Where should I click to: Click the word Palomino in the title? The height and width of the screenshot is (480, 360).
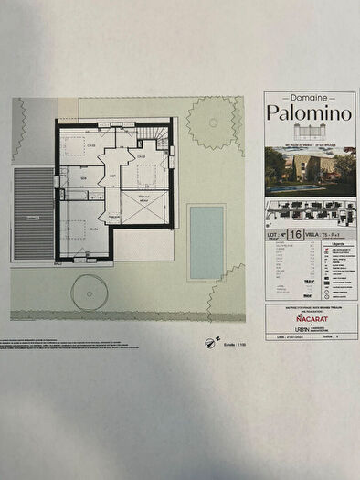click(308, 112)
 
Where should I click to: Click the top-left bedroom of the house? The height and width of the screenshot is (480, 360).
click(80, 146)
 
